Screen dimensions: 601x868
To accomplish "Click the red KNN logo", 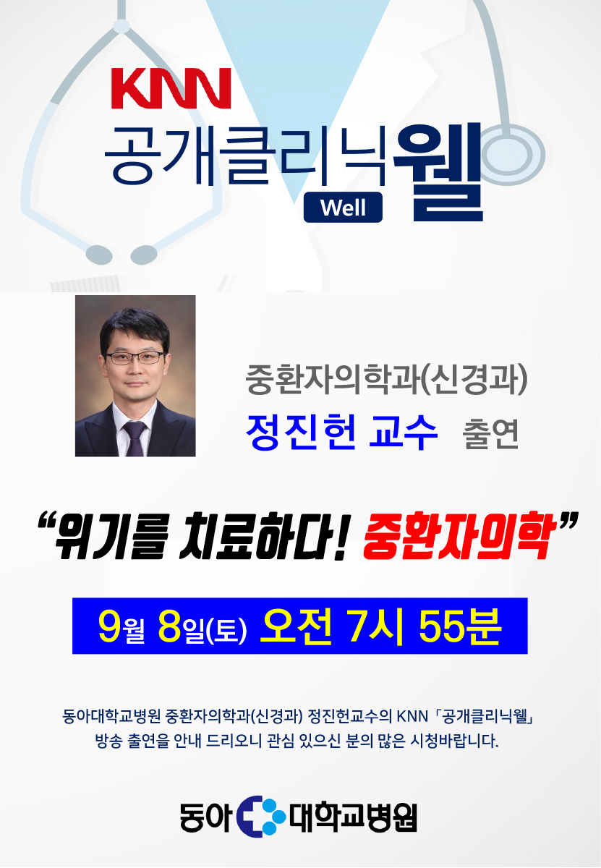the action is click(171, 88).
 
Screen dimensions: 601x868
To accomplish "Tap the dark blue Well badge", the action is click(343, 208).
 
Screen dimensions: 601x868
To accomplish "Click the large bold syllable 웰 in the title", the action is click(438, 172).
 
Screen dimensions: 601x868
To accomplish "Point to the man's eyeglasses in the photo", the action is click(135, 357).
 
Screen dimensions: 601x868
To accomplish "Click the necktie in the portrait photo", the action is click(135, 438).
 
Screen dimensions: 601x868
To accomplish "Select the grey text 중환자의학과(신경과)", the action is click(386, 379).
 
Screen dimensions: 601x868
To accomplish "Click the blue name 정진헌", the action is click(301, 432).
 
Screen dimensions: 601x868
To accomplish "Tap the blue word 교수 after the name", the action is click(404, 432).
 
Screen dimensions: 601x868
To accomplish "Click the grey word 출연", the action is click(490, 434).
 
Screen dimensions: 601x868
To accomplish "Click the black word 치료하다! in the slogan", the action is click(265, 535).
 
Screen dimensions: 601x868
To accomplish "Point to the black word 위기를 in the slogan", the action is click(111, 535).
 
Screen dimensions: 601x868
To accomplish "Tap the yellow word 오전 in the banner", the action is click(296, 626).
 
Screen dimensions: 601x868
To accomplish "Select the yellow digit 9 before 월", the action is click(110, 626).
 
